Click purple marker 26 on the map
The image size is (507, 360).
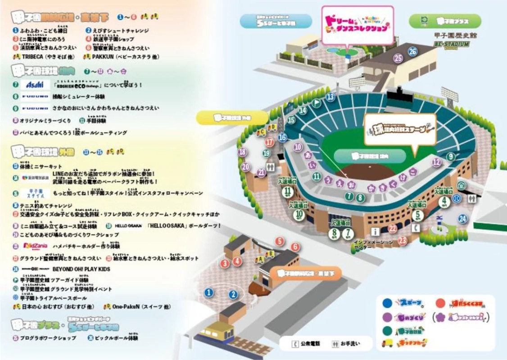point(413,51)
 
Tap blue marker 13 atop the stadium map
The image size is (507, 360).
point(331,97)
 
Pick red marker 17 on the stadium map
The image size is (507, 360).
point(270,142)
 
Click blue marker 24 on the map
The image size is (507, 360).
point(462,219)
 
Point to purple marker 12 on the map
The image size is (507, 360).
point(436,162)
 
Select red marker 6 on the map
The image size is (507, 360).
point(295,247)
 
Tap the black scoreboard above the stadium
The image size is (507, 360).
point(398,94)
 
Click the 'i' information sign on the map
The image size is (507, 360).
point(373,231)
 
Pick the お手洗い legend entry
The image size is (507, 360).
point(346,343)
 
